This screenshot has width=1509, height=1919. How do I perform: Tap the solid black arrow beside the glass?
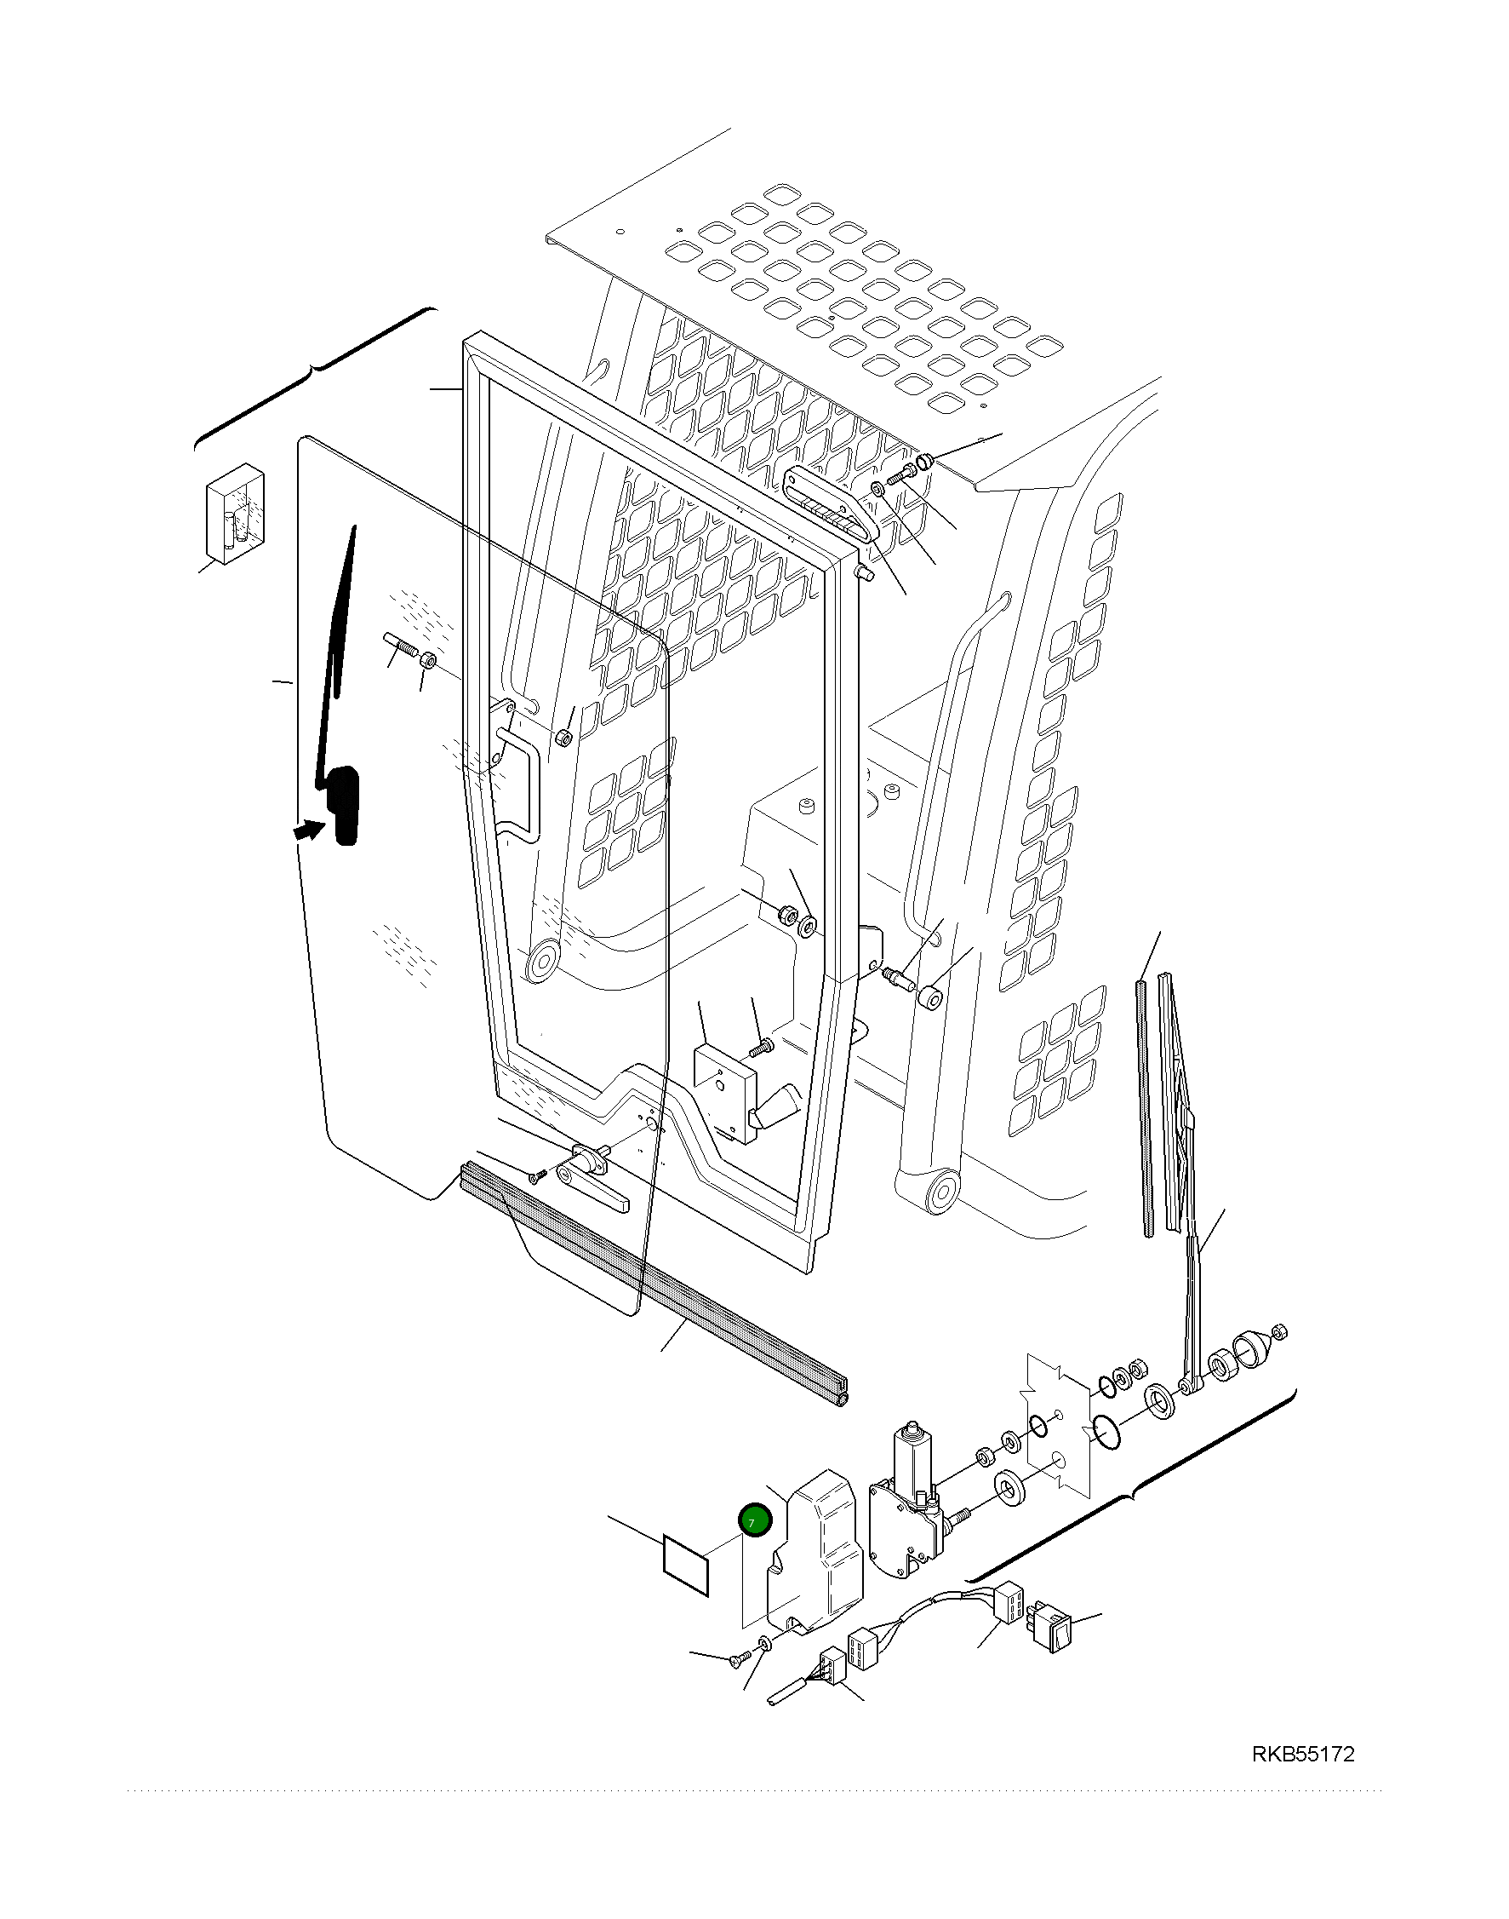pos(308,830)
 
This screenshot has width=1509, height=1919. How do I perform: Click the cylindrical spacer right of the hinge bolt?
pos(930,1000)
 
